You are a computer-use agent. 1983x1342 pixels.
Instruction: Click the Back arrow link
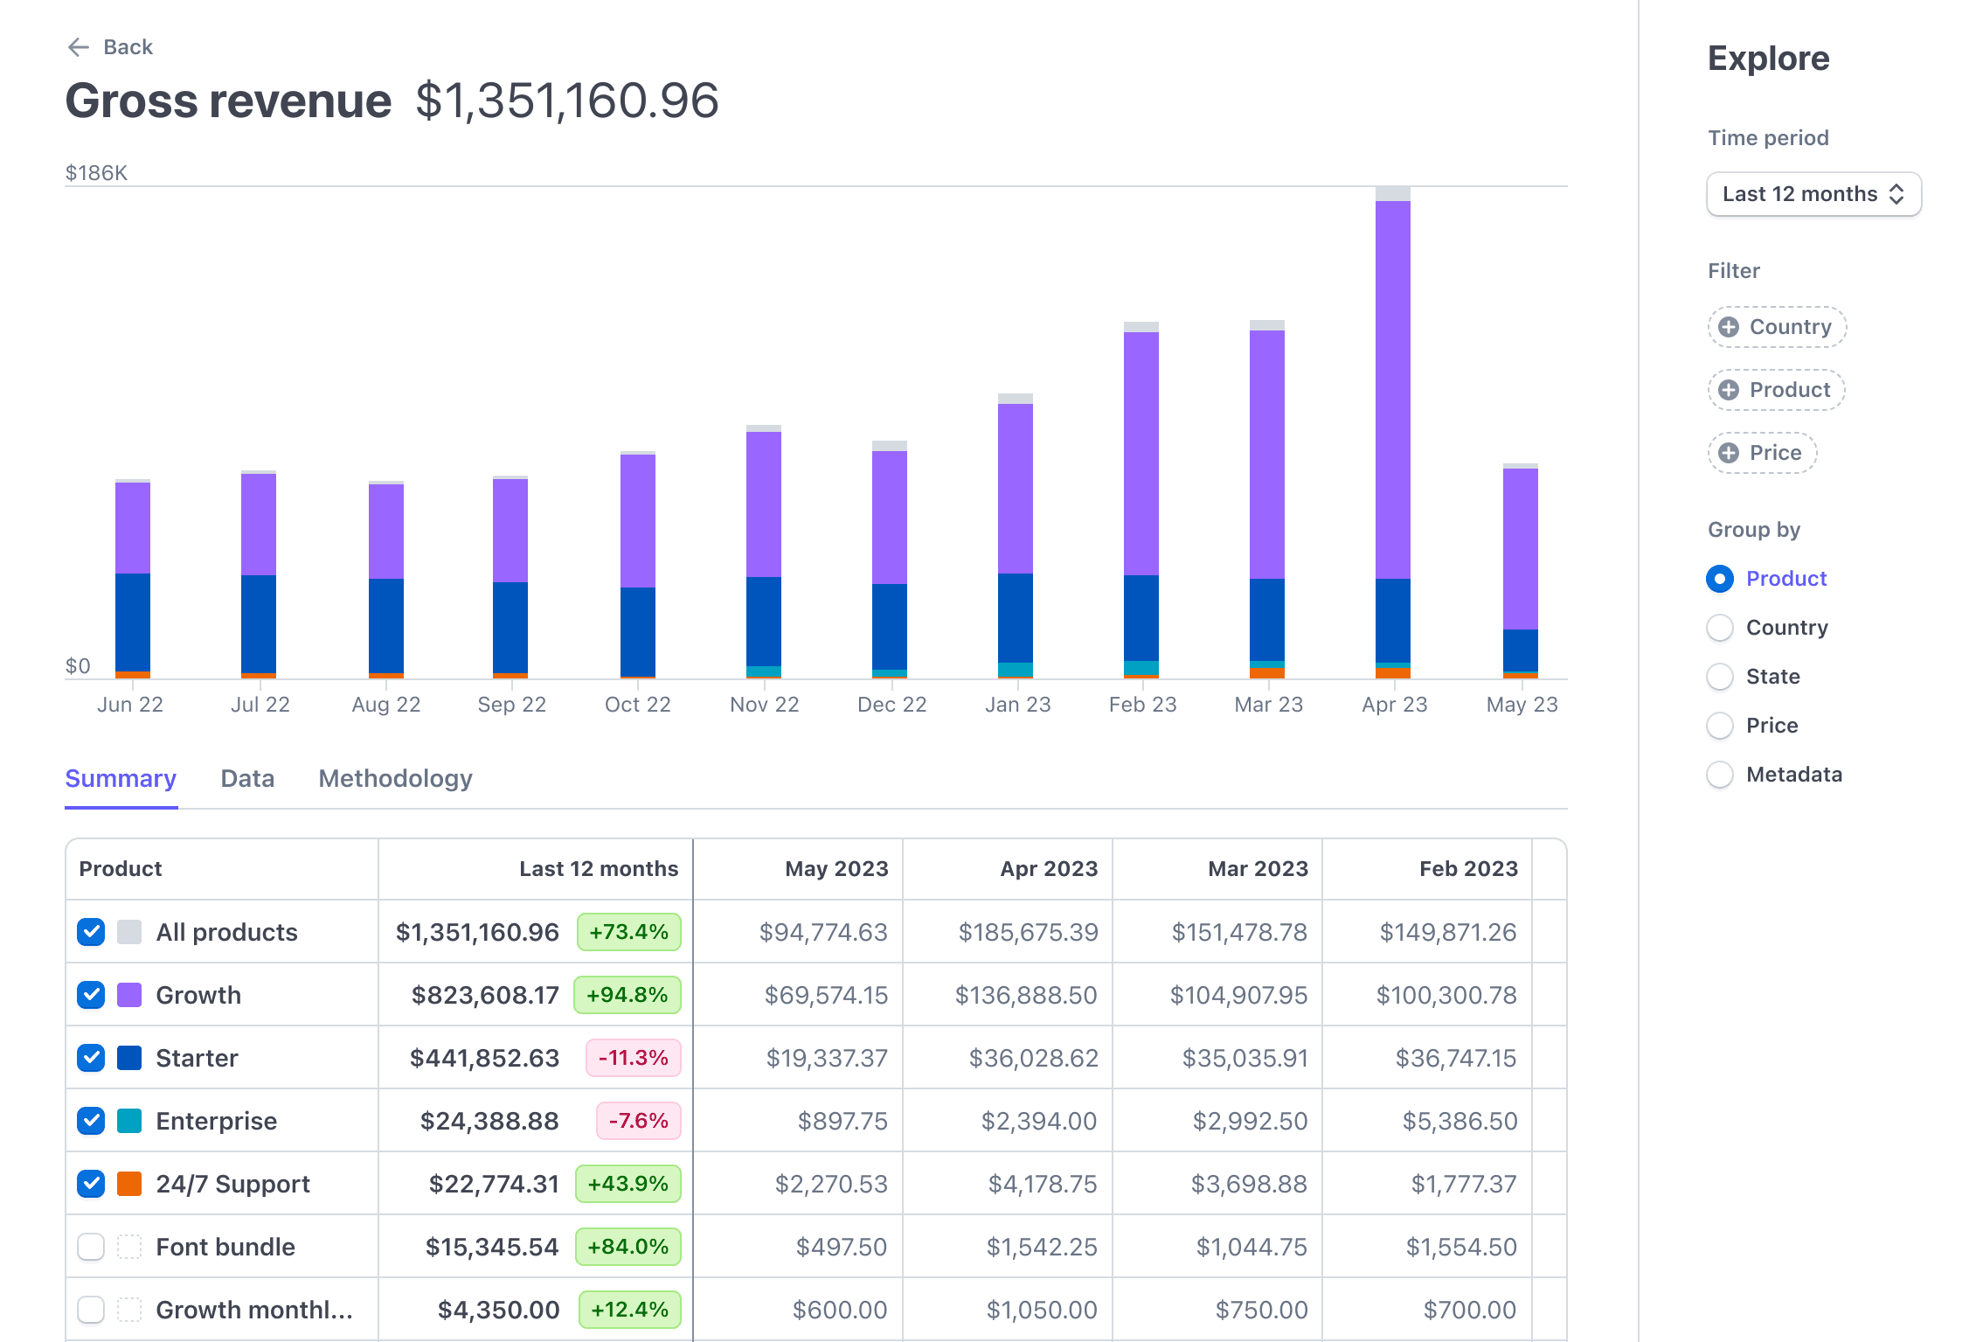coord(110,47)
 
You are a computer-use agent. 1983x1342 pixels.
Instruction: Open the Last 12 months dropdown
coord(1813,194)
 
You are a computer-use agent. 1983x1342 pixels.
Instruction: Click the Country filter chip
coord(1777,327)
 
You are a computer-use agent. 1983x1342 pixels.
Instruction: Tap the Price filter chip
coord(1762,453)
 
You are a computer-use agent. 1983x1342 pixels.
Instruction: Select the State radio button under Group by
coord(1720,677)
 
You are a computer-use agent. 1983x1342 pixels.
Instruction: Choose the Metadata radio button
coord(1720,775)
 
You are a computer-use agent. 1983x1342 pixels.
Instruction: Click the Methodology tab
coord(395,778)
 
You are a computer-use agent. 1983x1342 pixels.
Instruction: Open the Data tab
coord(247,778)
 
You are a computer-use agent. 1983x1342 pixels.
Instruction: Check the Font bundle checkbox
coord(91,1247)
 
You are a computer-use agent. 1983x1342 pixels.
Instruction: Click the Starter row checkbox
coord(91,1058)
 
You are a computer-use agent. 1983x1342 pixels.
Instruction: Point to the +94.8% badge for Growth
coord(627,995)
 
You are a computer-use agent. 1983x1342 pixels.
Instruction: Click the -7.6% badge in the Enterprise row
coord(638,1121)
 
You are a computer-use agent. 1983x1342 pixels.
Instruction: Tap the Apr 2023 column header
coord(1049,869)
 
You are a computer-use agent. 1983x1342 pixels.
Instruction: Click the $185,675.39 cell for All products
coord(1028,932)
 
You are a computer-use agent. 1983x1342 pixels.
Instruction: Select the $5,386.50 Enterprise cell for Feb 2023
coord(1460,1121)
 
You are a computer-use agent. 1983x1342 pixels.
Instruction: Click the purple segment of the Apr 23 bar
coord(1392,389)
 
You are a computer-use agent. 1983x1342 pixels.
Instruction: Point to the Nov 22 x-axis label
coord(764,705)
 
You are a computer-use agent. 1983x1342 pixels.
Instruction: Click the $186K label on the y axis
coord(96,173)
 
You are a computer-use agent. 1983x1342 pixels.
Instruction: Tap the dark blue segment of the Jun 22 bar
coord(133,622)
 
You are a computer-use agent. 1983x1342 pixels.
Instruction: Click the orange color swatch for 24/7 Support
coord(129,1184)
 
